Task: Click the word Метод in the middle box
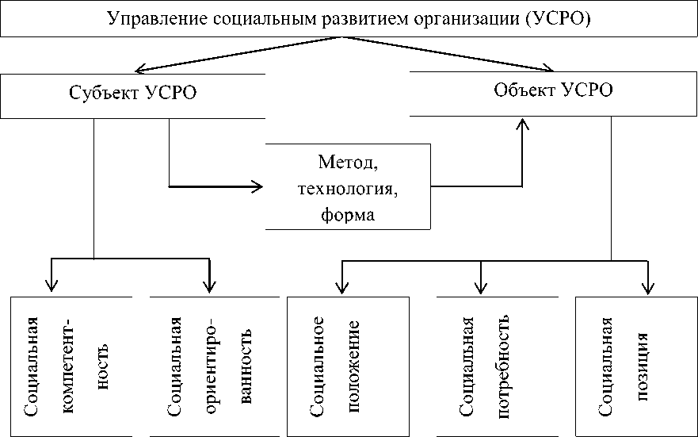(348, 165)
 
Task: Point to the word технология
(347, 190)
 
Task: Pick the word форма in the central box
(348, 214)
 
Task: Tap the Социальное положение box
(348, 366)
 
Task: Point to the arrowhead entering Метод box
(257, 187)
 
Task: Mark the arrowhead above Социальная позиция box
(649, 287)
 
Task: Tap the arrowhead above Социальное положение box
(342, 287)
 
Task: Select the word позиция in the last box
(643, 366)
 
